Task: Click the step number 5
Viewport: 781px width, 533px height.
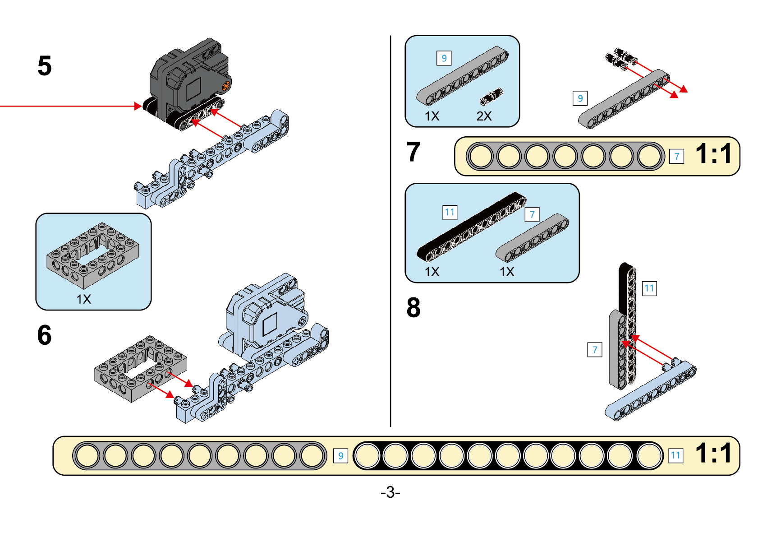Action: [45, 66]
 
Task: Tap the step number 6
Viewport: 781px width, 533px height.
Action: [44, 335]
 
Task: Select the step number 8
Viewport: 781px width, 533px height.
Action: [413, 308]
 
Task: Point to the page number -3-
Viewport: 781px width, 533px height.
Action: [390, 491]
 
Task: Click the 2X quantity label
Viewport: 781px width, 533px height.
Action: [484, 116]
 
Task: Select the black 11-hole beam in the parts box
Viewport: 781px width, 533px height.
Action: [471, 227]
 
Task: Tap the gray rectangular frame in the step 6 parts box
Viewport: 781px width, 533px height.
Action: [93, 255]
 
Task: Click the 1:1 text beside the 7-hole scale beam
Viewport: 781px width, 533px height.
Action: [713, 154]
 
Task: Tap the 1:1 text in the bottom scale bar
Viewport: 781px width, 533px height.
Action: [713, 453]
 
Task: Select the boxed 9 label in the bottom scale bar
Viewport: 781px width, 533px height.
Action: [341, 456]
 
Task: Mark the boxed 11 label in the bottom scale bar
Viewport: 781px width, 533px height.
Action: [675, 455]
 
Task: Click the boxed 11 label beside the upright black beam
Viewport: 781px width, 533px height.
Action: [649, 288]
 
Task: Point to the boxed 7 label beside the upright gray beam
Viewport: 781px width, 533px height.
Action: [595, 350]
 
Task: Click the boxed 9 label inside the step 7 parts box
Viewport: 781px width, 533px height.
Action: [444, 58]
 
